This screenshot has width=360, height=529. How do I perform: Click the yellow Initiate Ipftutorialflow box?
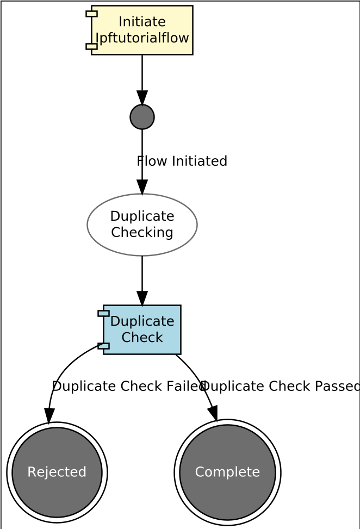coord(141,30)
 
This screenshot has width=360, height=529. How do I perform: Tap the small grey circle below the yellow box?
coord(142,117)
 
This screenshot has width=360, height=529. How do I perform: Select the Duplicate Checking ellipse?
coord(142,225)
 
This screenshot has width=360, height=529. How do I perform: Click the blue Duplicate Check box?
coord(142,329)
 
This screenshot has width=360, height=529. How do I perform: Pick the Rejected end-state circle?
coord(57,472)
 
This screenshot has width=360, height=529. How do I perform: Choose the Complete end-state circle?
coord(227,472)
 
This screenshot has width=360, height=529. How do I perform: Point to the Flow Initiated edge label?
coord(182,161)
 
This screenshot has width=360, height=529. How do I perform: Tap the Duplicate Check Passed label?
coord(280,386)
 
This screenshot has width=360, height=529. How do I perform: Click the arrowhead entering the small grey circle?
coord(142,98)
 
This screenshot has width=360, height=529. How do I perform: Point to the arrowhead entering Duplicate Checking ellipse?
coord(142,187)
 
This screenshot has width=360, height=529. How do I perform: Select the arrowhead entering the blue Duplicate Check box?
coord(142,298)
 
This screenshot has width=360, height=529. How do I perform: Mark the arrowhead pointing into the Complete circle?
coord(213,413)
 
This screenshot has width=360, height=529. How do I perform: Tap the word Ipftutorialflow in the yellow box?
coord(142,38)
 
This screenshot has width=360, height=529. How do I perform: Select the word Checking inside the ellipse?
coord(142,233)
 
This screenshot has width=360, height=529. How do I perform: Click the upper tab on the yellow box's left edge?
coord(91,14)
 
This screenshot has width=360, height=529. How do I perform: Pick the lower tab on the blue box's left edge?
coord(103,346)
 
